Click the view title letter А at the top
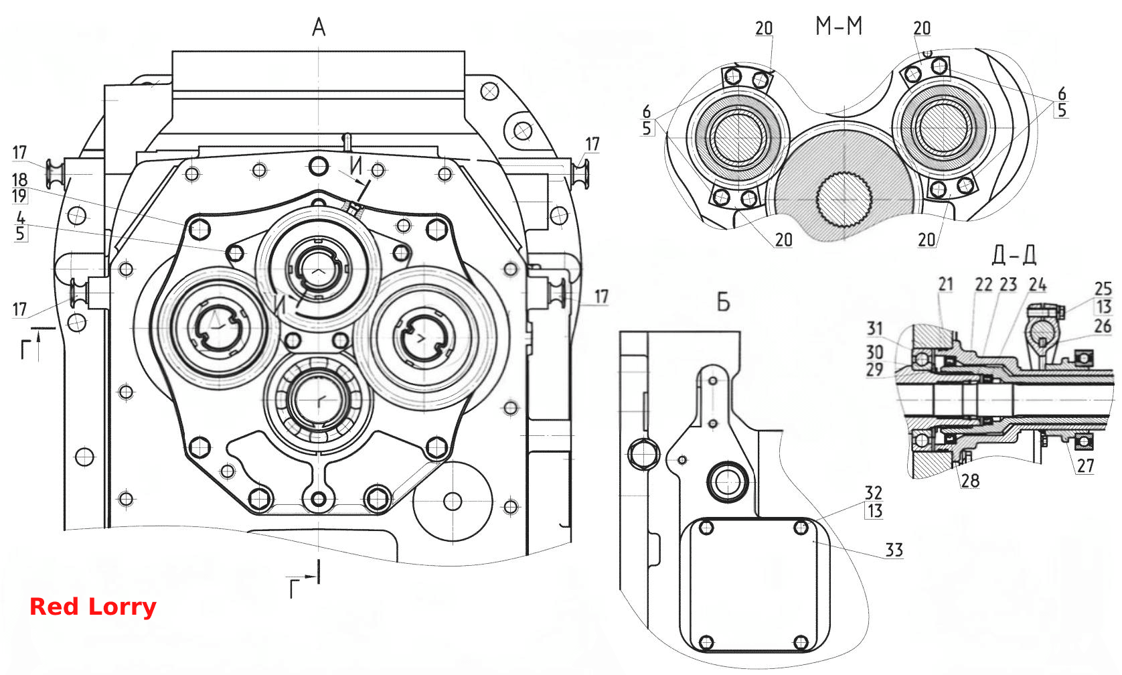pos(319,27)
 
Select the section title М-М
pos(839,26)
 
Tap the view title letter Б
pos(723,302)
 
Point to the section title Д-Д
pos(1014,255)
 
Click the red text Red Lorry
pos(93,607)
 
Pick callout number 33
pos(894,550)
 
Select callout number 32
pos(874,492)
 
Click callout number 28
pos(970,481)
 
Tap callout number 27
pos(1085,465)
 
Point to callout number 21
pos(945,284)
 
